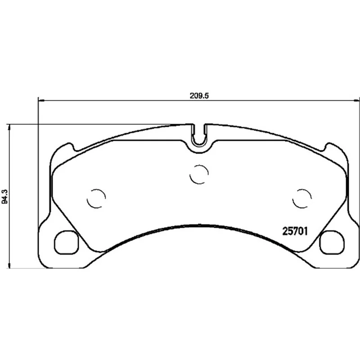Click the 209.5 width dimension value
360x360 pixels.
pyautogui.click(x=199, y=96)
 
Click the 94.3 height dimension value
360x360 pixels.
pyautogui.click(x=5, y=196)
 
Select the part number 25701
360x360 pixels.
pyautogui.click(x=295, y=231)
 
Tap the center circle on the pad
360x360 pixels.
pyautogui.click(x=199, y=174)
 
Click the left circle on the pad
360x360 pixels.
pyautogui.click(x=96, y=198)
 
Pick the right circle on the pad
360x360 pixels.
pyautogui.click(x=302, y=198)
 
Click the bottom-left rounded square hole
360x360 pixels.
pyautogui.click(x=66, y=243)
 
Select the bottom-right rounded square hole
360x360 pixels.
pyautogui.click(x=332, y=243)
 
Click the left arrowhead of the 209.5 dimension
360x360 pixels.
pyautogui.click(x=41, y=100)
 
